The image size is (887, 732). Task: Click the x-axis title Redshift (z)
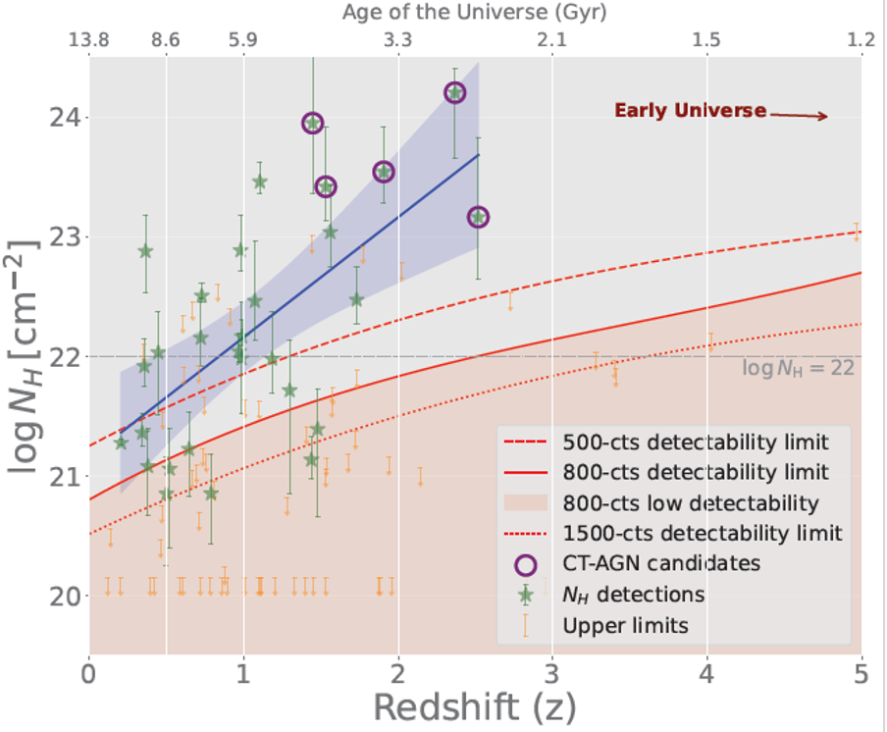[474, 707]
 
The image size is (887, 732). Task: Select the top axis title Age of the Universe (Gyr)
[474, 12]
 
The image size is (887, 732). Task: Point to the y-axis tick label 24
[65, 118]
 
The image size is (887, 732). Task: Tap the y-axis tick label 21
[65, 476]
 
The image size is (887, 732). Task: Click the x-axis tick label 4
[706, 674]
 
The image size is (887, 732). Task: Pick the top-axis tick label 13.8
[89, 40]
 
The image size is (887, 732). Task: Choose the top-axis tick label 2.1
[551, 40]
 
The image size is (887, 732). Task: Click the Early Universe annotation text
[690, 110]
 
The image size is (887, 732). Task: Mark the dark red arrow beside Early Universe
[799, 116]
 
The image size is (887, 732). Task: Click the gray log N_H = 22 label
[798, 368]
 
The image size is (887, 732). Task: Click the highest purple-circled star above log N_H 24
[455, 93]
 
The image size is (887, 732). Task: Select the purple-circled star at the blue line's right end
[479, 217]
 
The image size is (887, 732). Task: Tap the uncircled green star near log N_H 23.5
[260, 183]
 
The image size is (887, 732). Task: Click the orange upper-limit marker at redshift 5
[857, 233]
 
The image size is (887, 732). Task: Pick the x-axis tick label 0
[89, 674]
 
